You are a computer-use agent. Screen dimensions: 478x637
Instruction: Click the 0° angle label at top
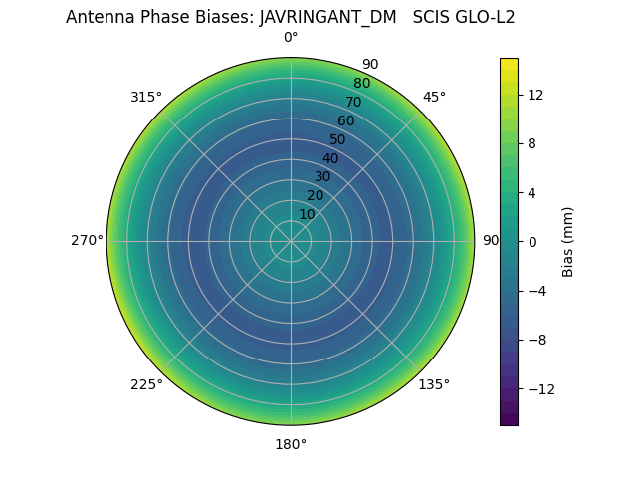point(291,38)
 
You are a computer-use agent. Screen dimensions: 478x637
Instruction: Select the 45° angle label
point(434,97)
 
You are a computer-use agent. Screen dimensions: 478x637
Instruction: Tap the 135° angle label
point(434,384)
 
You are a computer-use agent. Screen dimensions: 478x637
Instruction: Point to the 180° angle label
point(291,444)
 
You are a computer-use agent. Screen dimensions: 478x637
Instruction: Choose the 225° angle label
point(146,384)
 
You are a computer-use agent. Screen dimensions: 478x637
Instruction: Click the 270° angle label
point(87,241)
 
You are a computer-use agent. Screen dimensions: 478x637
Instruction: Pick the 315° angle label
point(146,97)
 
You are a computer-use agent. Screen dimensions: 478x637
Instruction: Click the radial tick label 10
point(307,214)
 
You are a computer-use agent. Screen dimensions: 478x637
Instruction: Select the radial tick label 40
point(330,158)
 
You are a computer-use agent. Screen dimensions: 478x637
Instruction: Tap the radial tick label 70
point(353,102)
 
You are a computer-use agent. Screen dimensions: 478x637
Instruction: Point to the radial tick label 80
point(361,83)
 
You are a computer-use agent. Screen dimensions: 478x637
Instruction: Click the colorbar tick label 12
point(534,95)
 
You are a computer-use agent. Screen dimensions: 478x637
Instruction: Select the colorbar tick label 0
point(531,242)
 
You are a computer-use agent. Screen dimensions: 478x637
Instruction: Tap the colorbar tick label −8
point(534,340)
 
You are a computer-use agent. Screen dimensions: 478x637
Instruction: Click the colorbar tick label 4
point(531,192)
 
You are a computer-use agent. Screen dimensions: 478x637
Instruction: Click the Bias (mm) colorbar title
point(568,241)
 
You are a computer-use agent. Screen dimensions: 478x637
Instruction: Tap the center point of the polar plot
point(291,241)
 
